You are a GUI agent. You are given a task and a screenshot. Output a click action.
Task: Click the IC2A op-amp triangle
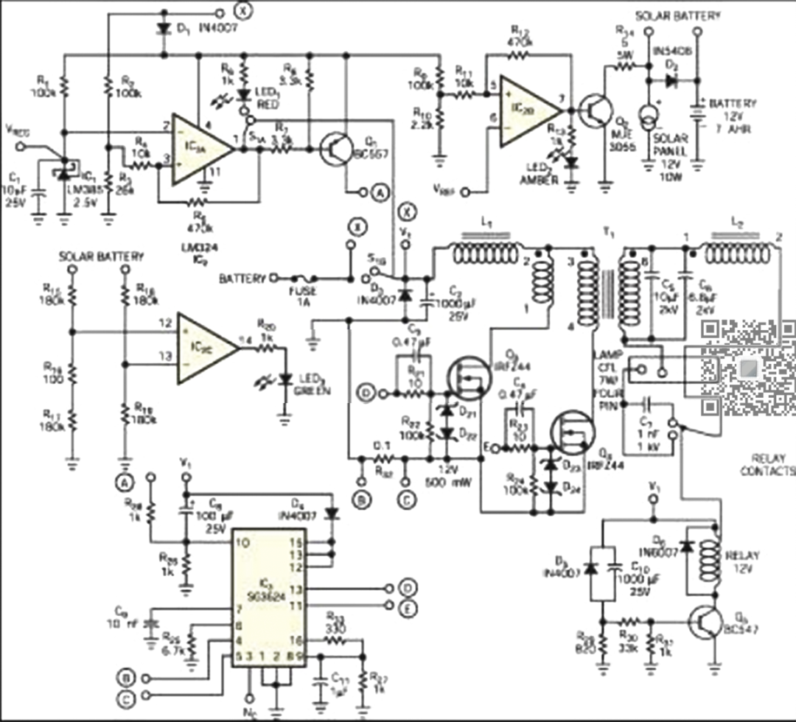[199, 149]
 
